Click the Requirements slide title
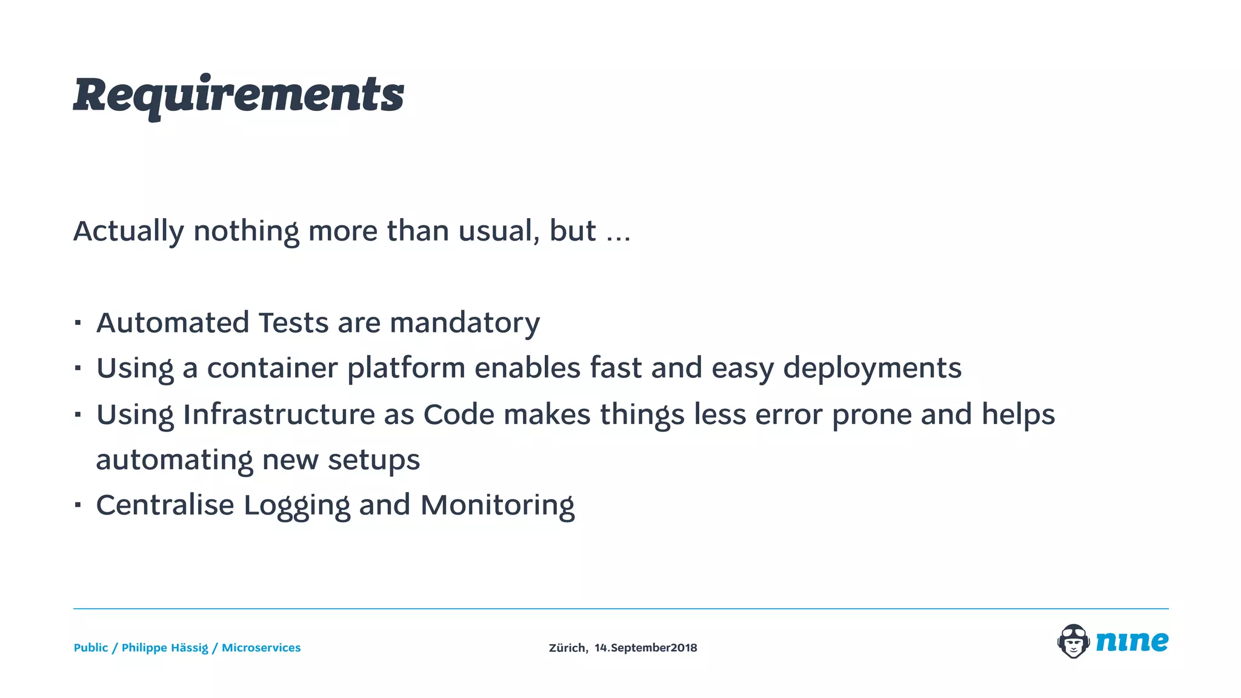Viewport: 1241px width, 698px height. tap(238, 95)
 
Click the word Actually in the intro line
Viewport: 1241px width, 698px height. tap(128, 231)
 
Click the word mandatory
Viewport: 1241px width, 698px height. tap(465, 324)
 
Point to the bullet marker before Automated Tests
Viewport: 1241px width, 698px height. tap(78, 322)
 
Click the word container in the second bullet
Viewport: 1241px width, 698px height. tap(272, 368)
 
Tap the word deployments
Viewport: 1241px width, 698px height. tap(872, 369)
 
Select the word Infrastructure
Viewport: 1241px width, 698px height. tap(279, 414)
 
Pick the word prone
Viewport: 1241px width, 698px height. tap(871, 416)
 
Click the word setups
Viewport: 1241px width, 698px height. tap(374, 460)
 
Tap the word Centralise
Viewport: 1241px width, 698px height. tap(165, 505)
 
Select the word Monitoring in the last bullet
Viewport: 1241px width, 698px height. tap(497, 506)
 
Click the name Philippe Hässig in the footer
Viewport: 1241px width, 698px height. tap(165, 648)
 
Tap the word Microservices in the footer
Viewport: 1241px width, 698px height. tap(261, 648)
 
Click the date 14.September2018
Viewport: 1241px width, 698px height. tap(645, 648)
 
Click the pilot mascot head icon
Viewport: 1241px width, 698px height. tap(1073, 641)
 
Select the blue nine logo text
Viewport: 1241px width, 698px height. tap(1132, 641)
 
